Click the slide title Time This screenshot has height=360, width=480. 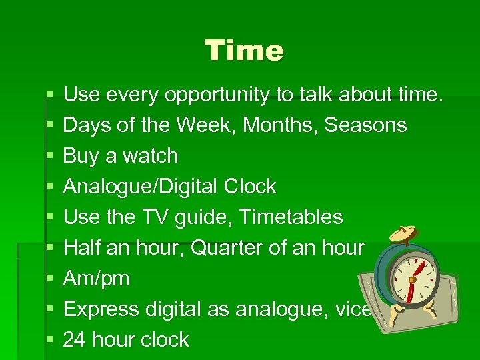pos(244,50)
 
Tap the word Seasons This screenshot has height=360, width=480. pos(365,125)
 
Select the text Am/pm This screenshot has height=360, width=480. pos(96,279)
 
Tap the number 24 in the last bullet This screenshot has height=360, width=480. pos(73,340)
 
